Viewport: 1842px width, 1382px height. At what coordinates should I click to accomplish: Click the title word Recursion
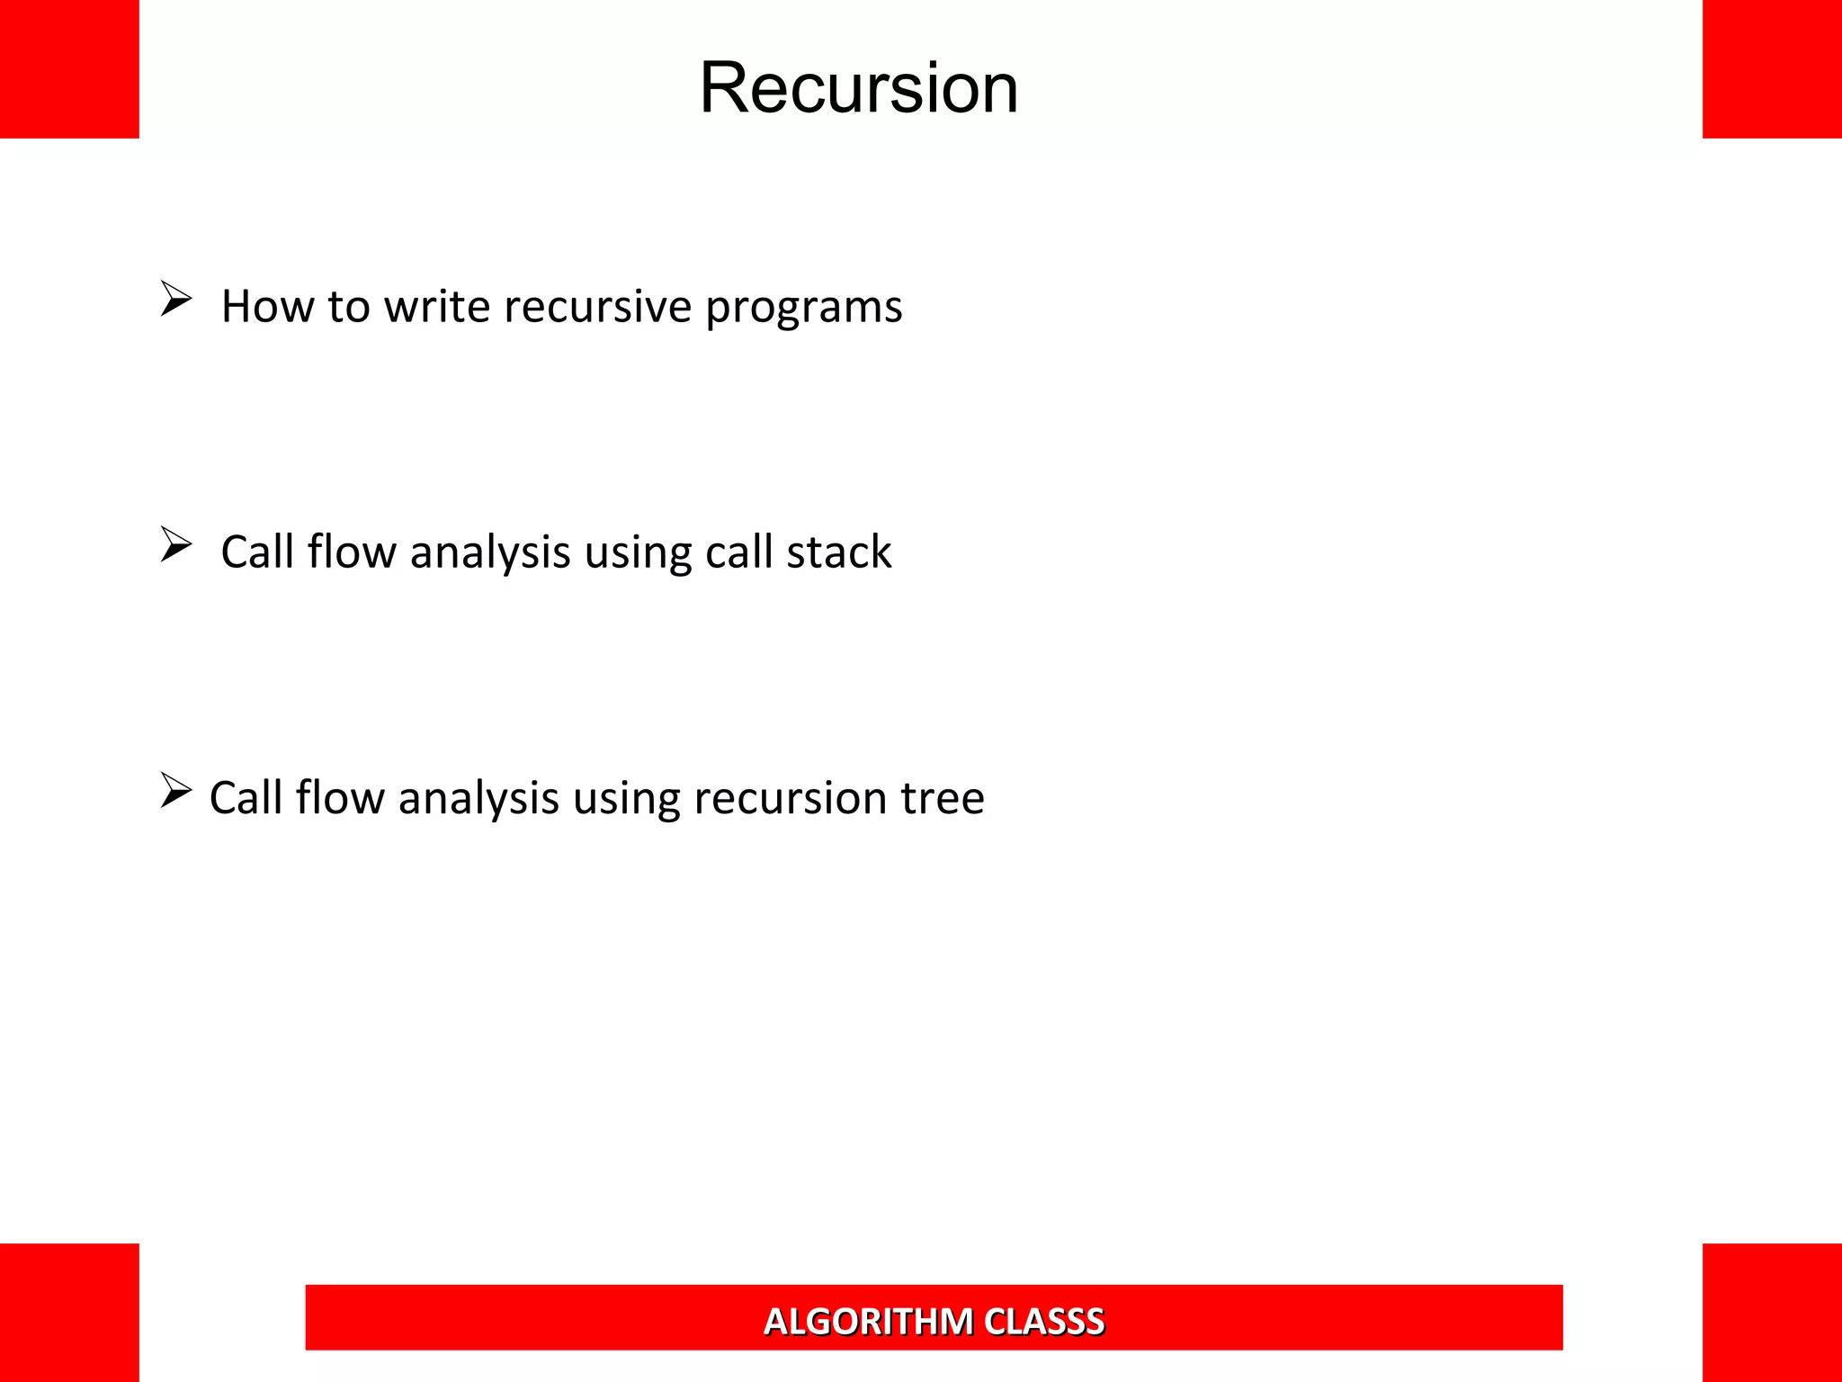(x=859, y=88)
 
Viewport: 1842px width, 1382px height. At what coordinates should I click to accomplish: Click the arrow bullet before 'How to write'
(x=175, y=299)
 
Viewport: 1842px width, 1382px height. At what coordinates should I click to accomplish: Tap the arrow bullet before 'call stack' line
(x=175, y=544)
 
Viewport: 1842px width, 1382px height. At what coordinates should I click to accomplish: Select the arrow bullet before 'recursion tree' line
(x=175, y=790)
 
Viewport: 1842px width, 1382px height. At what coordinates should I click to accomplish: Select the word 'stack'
(x=838, y=552)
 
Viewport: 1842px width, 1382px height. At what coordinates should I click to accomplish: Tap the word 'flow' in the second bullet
(x=352, y=552)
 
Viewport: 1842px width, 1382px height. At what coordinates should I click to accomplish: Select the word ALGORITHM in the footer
(x=868, y=1322)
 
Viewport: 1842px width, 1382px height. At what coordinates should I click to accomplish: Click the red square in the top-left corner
(x=69, y=69)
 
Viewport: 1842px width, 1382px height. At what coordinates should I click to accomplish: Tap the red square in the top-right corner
(x=1772, y=69)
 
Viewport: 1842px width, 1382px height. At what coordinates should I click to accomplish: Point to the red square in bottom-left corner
(x=69, y=1312)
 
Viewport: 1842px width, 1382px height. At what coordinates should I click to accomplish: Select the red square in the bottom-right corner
(x=1772, y=1312)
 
